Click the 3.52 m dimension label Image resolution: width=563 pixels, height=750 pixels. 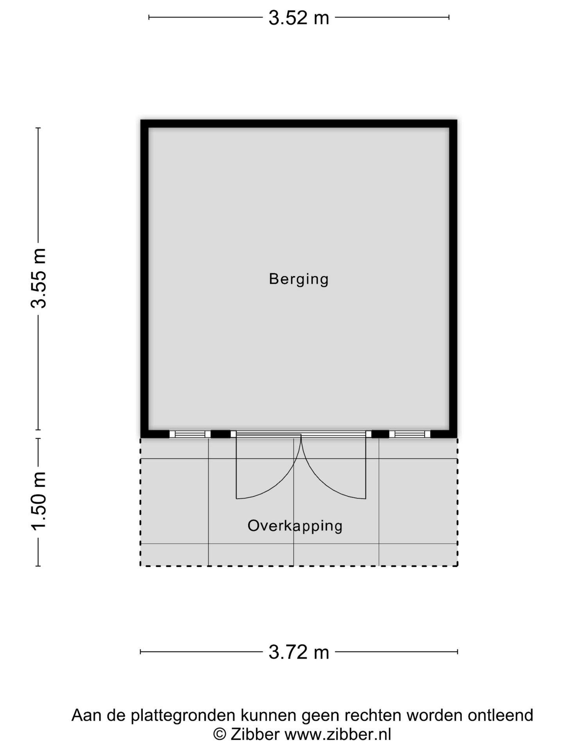[x=299, y=18]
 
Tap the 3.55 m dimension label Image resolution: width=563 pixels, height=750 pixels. [x=39, y=278]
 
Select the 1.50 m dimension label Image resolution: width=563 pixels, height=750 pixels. [x=39, y=501]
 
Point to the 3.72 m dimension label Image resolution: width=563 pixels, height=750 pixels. [x=299, y=652]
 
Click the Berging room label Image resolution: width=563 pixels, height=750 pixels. [x=299, y=279]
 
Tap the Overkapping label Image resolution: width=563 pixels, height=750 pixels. [x=295, y=526]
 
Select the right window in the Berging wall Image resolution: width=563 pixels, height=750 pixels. [x=409, y=434]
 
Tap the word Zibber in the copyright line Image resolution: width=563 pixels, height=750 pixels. [x=255, y=734]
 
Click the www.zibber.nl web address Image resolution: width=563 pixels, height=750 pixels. [x=338, y=734]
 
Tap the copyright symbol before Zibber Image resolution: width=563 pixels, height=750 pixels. [x=219, y=734]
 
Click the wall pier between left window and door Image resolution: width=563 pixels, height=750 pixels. [x=221, y=434]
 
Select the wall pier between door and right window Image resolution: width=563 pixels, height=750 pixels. [x=380, y=434]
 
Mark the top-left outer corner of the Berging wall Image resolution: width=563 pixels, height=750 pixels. [x=142, y=121]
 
